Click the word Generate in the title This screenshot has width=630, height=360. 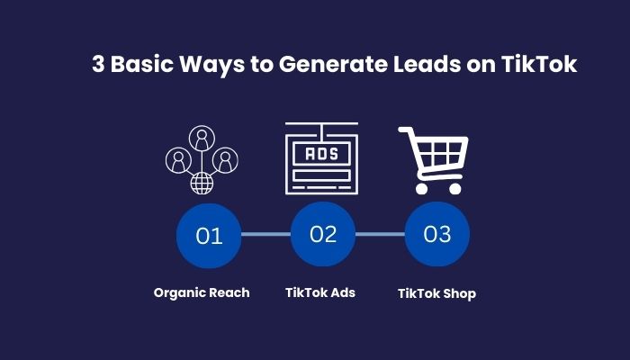[333, 64]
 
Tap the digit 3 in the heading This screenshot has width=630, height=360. [98, 64]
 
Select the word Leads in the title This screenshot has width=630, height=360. [427, 64]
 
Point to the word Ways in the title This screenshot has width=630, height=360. [211, 64]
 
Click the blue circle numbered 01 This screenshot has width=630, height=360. [209, 236]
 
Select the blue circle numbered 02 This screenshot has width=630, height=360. [323, 234]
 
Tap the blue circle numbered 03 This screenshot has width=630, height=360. [437, 234]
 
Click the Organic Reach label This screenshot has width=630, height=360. [202, 292]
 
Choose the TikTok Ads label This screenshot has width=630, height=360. [320, 292]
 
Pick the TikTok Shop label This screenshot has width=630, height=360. [436, 293]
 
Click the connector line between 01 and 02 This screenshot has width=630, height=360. [266, 234]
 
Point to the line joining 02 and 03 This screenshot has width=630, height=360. [380, 234]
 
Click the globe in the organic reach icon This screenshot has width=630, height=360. [202, 184]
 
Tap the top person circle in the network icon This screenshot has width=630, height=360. [202, 138]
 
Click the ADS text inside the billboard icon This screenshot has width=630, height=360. [322, 154]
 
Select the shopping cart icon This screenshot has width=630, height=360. [433, 160]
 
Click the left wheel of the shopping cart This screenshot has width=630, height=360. [421, 188]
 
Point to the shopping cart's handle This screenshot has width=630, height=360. [405, 130]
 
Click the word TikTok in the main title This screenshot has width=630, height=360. [539, 64]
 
